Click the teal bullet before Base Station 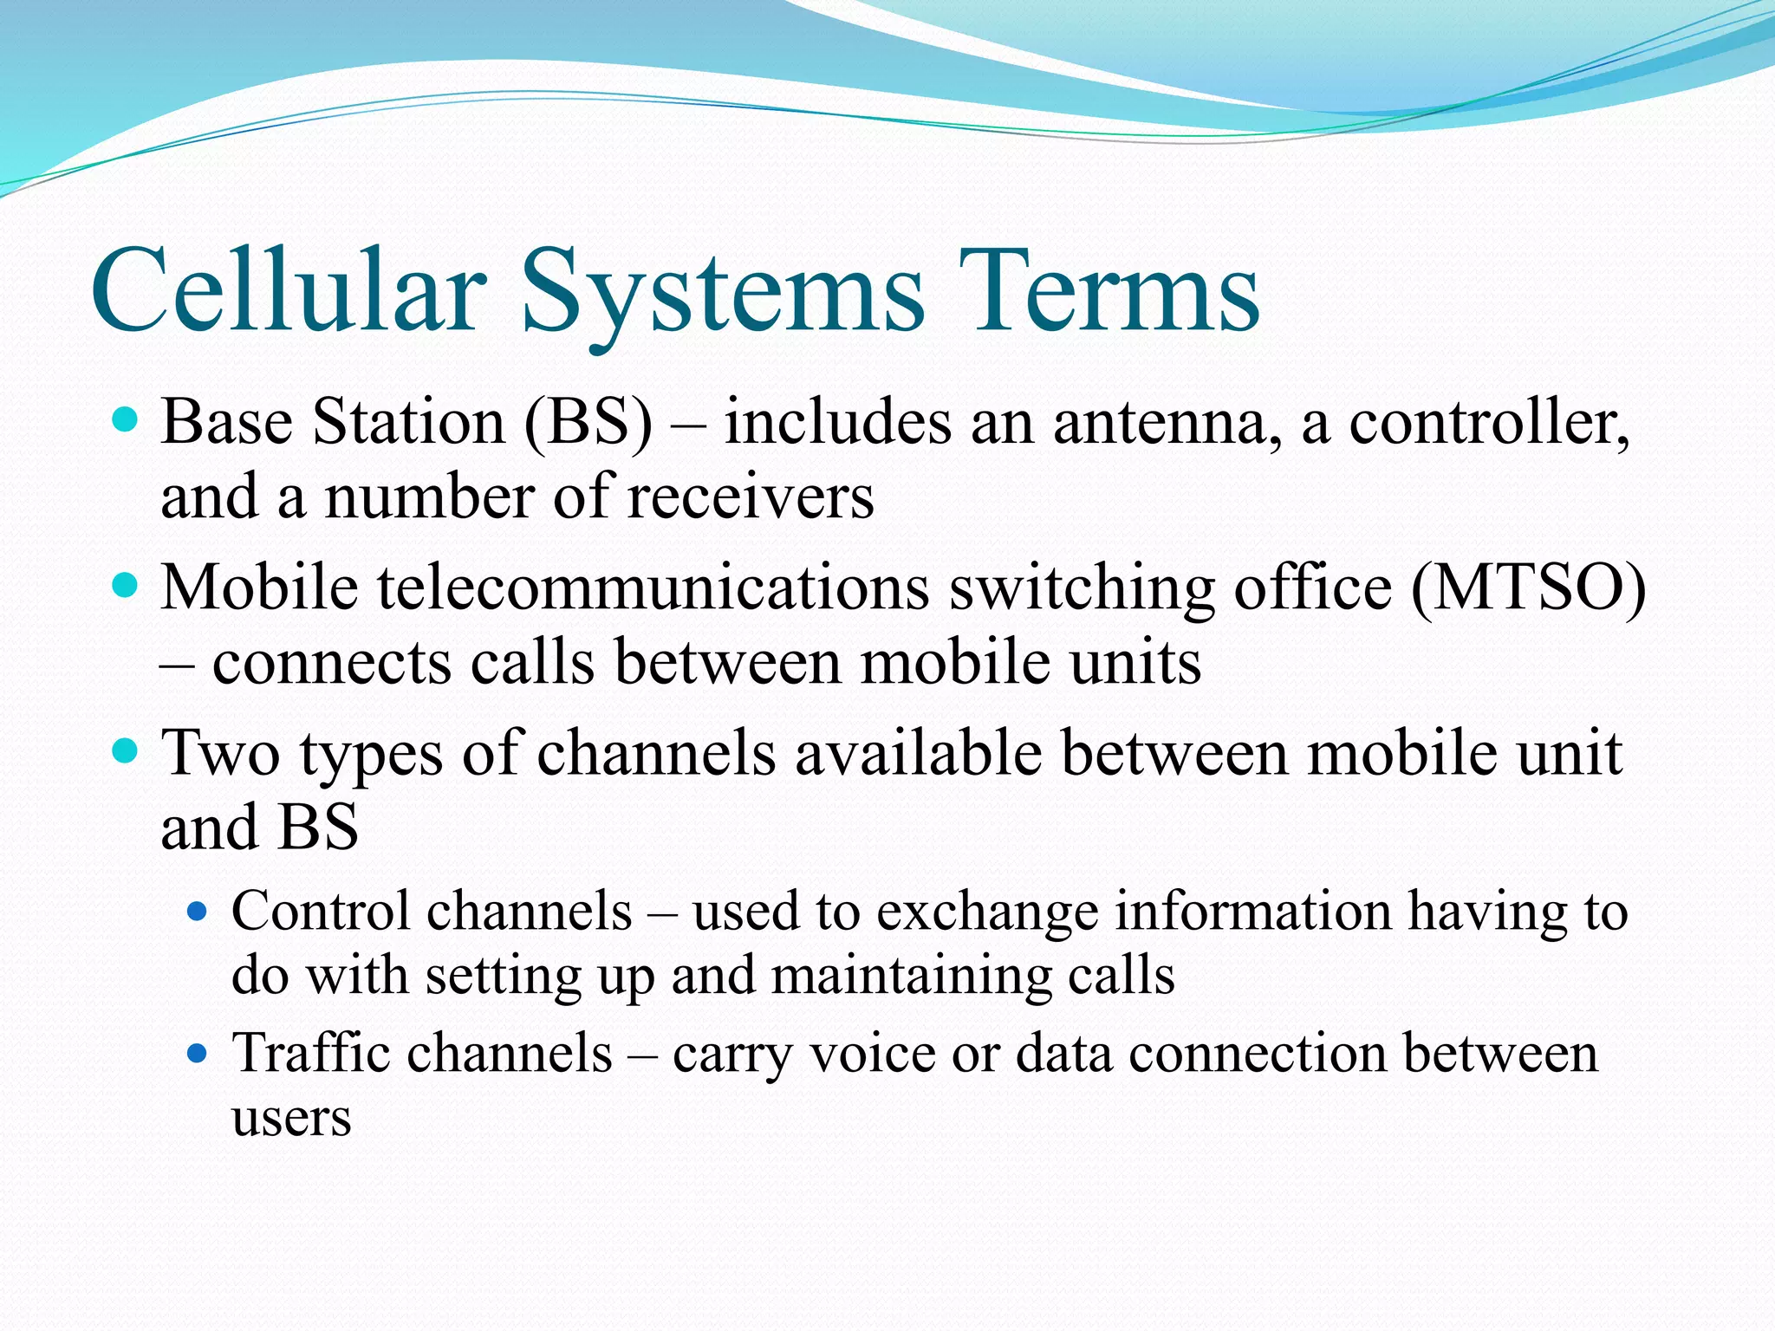[x=127, y=421]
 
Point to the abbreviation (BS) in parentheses [x=588, y=423]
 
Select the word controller [x=1489, y=423]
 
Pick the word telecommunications [x=653, y=588]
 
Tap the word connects [x=332, y=663]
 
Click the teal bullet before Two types [x=127, y=750]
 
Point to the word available [x=919, y=752]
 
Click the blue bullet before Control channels [x=198, y=911]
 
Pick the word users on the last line [x=291, y=1118]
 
